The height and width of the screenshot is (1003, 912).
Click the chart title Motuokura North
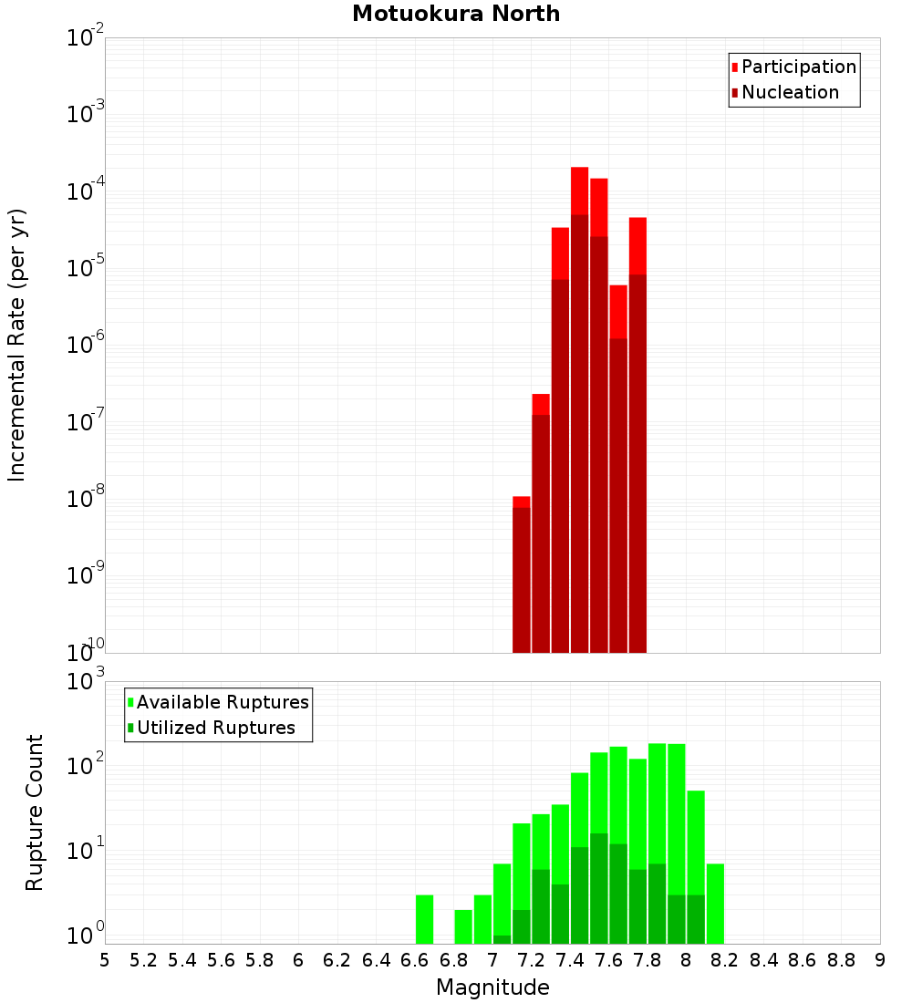tap(456, 14)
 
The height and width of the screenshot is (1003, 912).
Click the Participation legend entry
tap(798, 67)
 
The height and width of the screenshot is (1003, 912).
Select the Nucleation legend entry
tap(789, 92)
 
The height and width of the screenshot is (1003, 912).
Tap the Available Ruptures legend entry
tap(222, 702)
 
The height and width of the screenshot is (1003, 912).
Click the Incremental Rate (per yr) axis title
tap(17, 346)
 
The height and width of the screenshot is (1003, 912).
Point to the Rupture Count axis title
tap(35, 812)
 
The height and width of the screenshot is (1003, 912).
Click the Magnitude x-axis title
tap(492, 987)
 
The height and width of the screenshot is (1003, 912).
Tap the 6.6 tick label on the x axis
tap(415, 960)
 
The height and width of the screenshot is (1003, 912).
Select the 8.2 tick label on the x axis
tap(725, 960)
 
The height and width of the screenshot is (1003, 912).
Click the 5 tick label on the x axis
tap(105, 960)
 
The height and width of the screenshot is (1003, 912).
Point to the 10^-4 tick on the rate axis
tap(86, 191)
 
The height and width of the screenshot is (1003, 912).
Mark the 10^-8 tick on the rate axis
tap(86, 500)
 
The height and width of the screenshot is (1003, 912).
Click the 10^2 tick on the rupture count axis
tap(86, 764)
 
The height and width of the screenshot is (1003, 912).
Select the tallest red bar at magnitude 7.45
tap(580, 410)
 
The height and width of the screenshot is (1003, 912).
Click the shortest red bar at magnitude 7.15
tap(522, 574)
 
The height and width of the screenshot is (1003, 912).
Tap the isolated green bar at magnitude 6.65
tap(425, 919)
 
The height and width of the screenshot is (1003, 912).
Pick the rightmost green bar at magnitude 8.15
tap(715, 903)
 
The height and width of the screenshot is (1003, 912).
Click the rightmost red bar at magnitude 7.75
tap(637, 438)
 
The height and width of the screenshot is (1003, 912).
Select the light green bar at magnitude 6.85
tap(463, 925)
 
